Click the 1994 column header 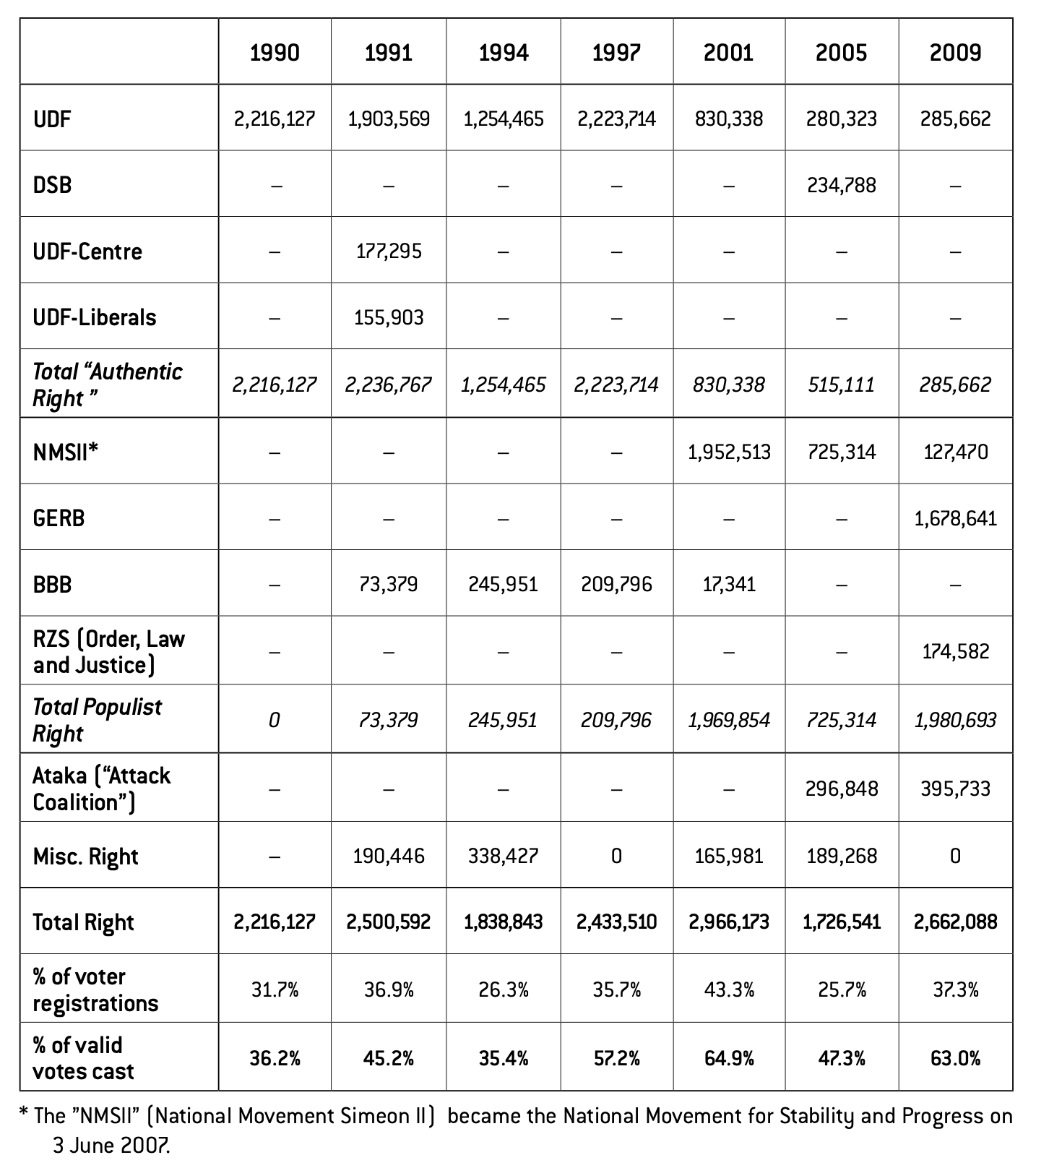504,53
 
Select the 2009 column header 955,53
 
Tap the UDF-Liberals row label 95,317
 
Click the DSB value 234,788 842,186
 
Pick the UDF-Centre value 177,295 389,252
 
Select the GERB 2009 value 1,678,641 955,518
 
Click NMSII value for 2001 729,452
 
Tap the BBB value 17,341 729,584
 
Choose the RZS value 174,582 955,652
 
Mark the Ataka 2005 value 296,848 842,789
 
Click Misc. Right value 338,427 504,856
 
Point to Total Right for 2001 729,922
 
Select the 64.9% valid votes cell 729,1059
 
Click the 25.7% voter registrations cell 842,989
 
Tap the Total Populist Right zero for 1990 275,721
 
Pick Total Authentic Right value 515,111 842,385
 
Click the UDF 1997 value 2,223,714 616,119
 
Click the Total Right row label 84,922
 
